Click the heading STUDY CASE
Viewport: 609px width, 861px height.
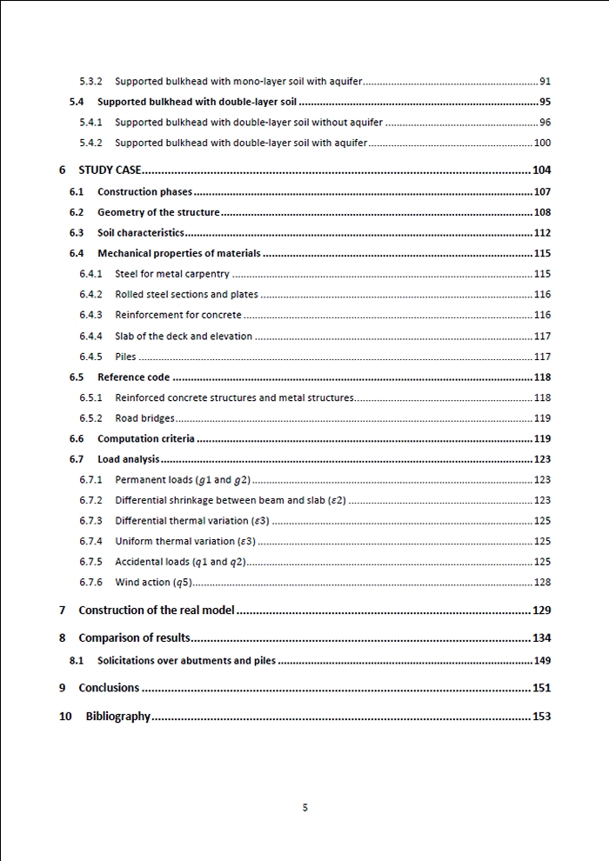click(110, 170)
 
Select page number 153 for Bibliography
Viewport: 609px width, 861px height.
click(541, 717)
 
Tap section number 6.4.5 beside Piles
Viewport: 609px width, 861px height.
click(90, 357)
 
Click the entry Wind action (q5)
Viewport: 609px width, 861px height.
click(153, 583)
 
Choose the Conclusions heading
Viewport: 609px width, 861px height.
click(109, 688)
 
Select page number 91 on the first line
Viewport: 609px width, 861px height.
click(545, 82)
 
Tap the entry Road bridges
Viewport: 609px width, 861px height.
click(144, 418)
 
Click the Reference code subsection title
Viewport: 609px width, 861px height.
click(133, 377)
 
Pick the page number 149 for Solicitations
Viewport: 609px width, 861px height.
click(542, 661)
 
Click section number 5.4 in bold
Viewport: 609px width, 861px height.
click(77, 102)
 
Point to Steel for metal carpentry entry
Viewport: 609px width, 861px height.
click(172, 274)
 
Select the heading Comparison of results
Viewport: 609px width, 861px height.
click(134, 638)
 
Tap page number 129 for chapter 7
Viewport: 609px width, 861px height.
click(541, 611)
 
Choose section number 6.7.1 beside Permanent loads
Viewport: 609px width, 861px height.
click(90, 480)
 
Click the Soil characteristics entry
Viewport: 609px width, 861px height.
click(141, 233)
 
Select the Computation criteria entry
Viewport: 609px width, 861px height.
click(146, 439)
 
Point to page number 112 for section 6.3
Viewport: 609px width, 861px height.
click(542, 233)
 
